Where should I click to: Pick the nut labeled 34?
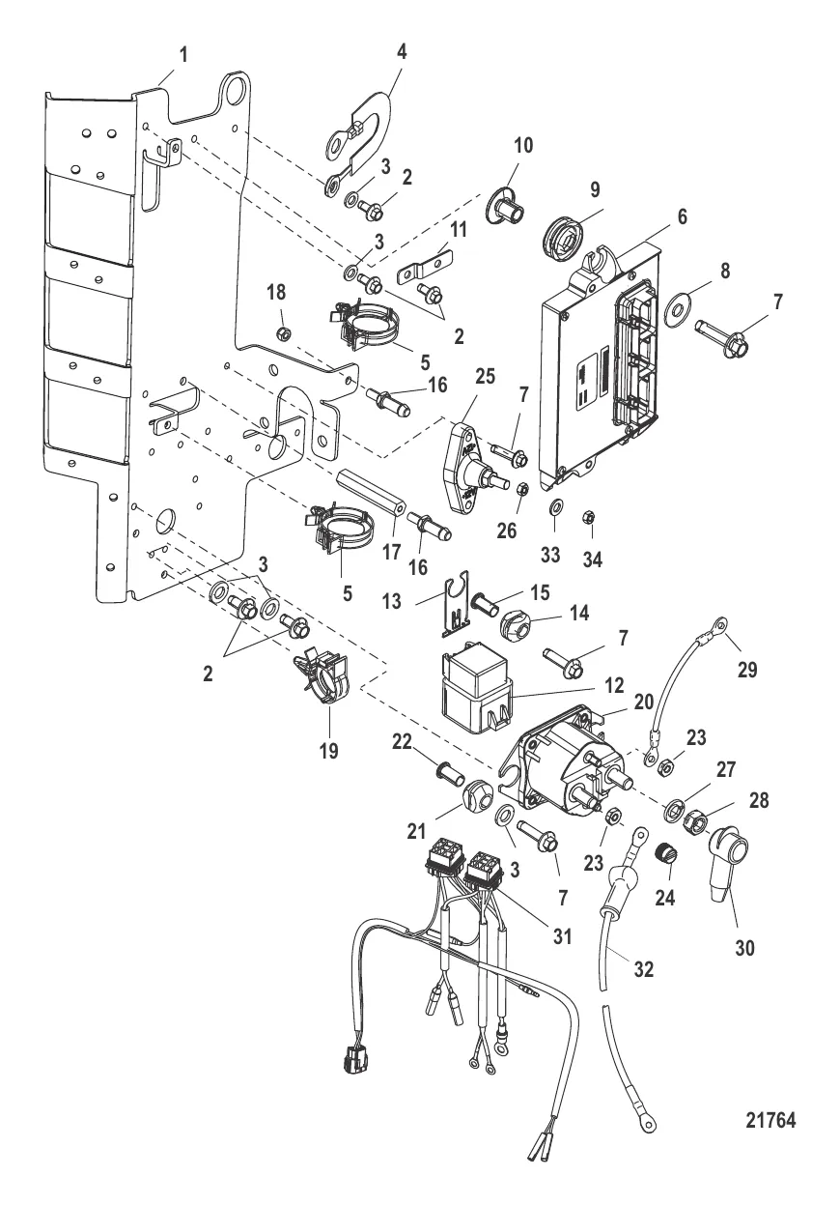(588, 517)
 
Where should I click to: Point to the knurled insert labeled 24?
(664, 854)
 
